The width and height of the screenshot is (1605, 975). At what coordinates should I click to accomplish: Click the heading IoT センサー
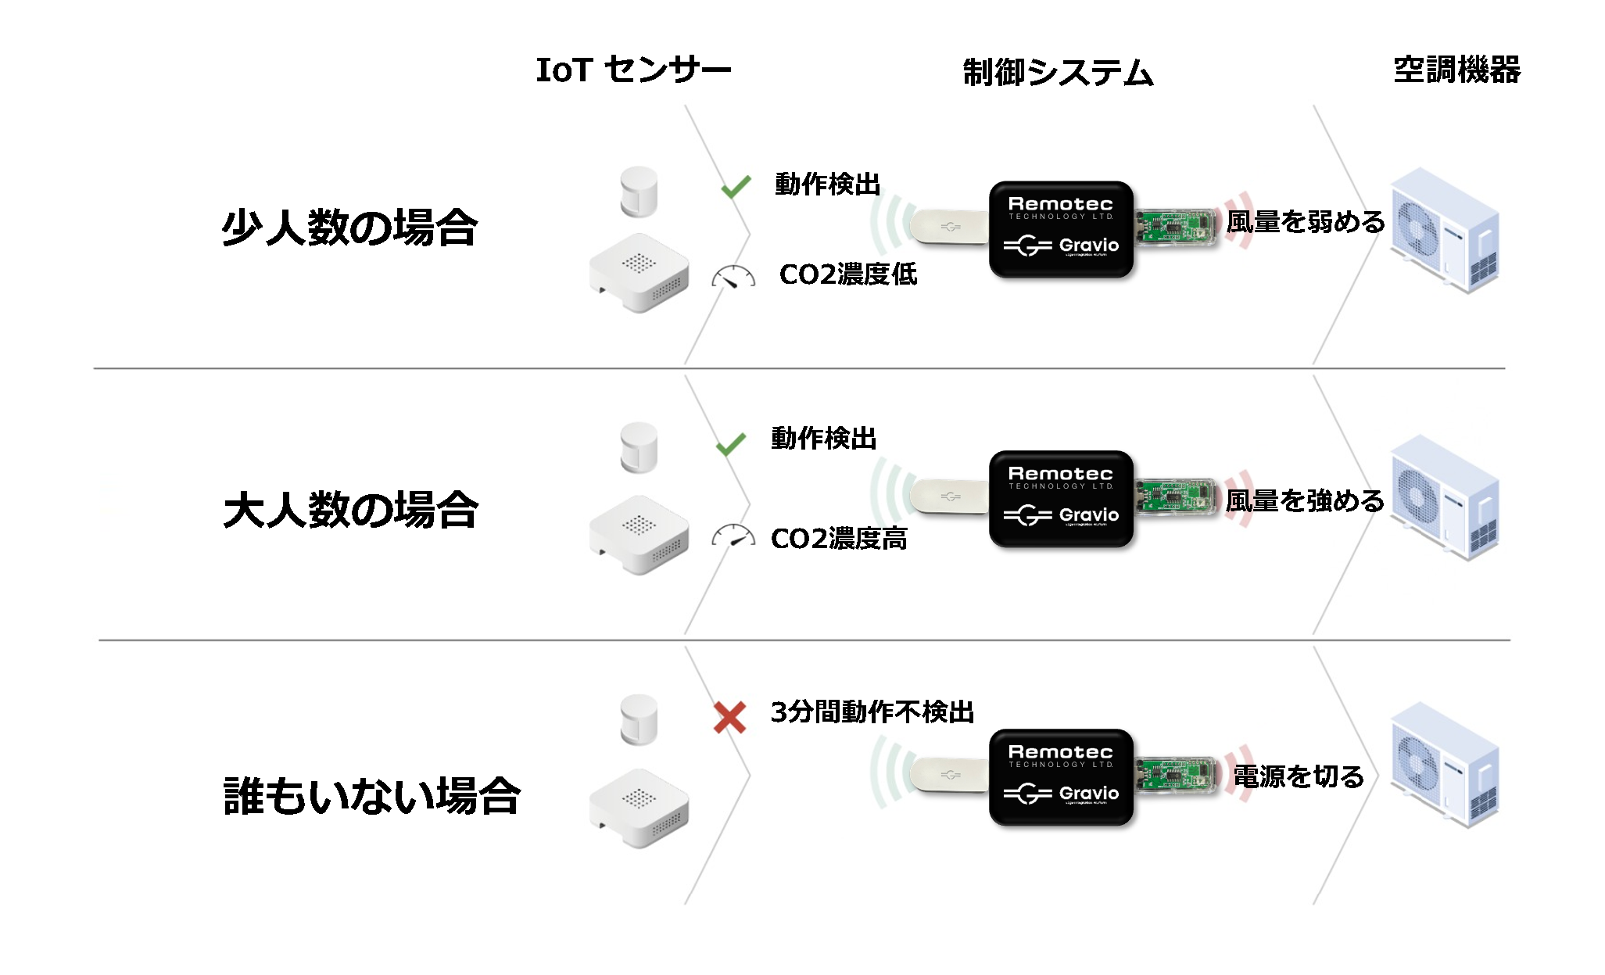click(633, 70)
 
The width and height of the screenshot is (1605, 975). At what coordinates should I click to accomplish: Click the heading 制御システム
click(1058, 73)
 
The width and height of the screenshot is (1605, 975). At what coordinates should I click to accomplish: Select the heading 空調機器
click(1456, 70)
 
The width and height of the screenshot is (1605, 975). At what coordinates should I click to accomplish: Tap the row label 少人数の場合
click(349, 228)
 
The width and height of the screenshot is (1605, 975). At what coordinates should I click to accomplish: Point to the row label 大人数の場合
click(350, 510)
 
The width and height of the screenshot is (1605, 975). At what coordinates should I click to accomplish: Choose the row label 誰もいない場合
click(371, 796)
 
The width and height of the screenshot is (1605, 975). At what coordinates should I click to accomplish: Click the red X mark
click(729, 717)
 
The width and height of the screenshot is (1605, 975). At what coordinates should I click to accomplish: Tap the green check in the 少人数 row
click(736, 186)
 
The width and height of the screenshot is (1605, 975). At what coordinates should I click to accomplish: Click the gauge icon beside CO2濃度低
click(733, 277)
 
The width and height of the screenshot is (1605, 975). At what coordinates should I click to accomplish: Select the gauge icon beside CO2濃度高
click(733, 536)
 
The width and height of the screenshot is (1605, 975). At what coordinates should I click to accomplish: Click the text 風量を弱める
click(1305, 222)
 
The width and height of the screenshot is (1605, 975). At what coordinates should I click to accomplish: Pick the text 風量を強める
click(1304, 500)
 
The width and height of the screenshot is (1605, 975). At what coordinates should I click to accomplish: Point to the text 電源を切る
click(1298, 776)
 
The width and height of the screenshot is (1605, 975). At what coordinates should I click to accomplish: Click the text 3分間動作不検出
click(872, 712)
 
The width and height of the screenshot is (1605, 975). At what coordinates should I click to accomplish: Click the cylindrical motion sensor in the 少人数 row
click(639, 191)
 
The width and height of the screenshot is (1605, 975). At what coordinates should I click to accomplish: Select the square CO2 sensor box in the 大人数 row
click(639, 534)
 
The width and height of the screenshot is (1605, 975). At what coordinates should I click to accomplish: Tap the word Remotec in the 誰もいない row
click(1060, 752)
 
